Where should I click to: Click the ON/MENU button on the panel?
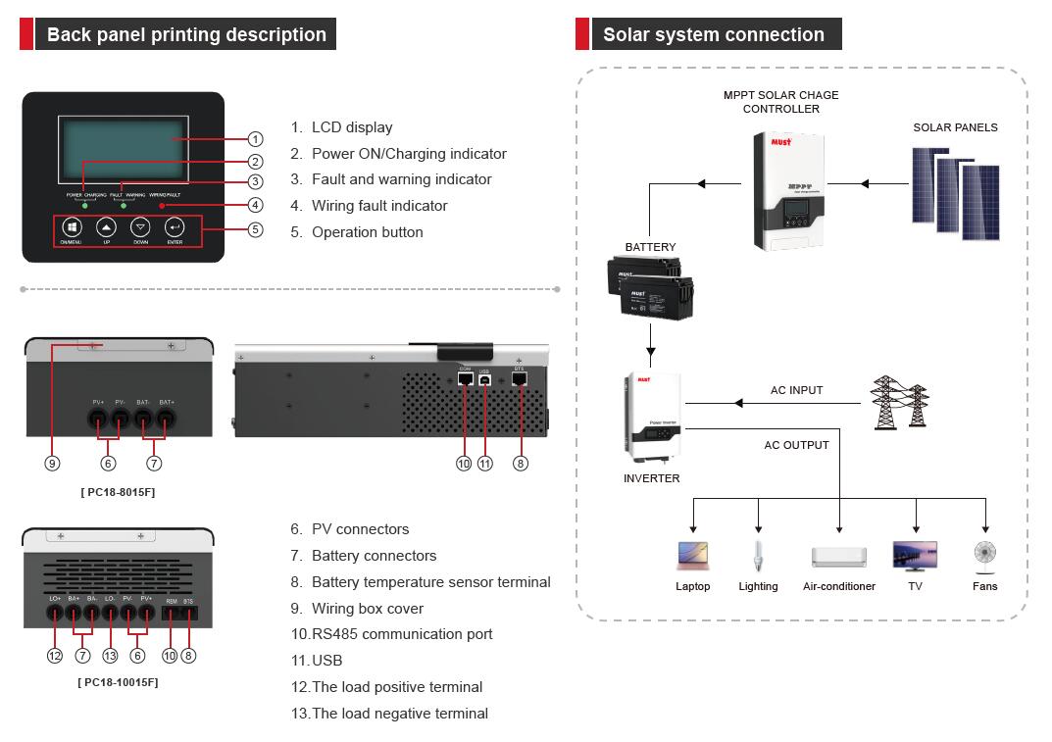[x=72, y=227]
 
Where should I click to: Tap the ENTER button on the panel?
[x=175, y=227]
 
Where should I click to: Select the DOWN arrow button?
[x=140, y=227]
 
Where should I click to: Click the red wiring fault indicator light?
[x=162, y=206]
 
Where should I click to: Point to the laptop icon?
[x=692, y=557]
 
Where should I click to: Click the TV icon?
[x=915, y=556]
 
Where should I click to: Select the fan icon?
[x=984, y=555]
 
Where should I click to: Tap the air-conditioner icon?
[x=839, y=557]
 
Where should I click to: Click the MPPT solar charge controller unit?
[x=788, y=192]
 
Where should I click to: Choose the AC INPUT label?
[x=796, y=390]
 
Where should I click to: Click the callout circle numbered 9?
[x=52, y=463]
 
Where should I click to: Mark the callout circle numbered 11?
[x=484, y=463]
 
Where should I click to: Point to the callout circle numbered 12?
[x=55, y=655]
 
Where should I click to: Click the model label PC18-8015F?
[x=118, y=492]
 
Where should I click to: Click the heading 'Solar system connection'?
[x=713, y=34]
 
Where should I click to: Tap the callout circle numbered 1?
[x=255, y=139]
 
